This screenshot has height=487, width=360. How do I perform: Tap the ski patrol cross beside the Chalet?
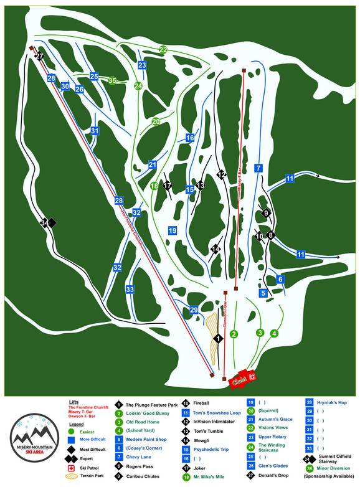tap(253, 377)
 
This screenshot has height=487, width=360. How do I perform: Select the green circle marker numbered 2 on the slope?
tap(234, 334)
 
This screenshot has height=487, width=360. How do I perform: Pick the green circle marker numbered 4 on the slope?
tap(274, 333)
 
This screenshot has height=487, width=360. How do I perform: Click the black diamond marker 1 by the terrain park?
tap(218, 338)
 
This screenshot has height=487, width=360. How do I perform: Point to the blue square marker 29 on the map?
tap(194, 310)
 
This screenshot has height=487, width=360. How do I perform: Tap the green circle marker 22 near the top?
tap(163, 49)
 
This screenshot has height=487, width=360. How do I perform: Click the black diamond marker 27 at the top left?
tap(39, 56)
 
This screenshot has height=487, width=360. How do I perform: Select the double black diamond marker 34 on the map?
tap(47, 222)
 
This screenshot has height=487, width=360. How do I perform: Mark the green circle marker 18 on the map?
tap(154, 185)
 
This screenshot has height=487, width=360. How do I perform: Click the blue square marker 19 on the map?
tap(173, 231)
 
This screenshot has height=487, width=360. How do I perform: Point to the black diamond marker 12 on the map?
tap(221, 175)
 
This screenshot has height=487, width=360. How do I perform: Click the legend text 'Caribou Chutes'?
tap(144, 475)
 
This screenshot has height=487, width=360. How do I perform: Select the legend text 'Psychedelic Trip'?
tap(215, 448)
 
